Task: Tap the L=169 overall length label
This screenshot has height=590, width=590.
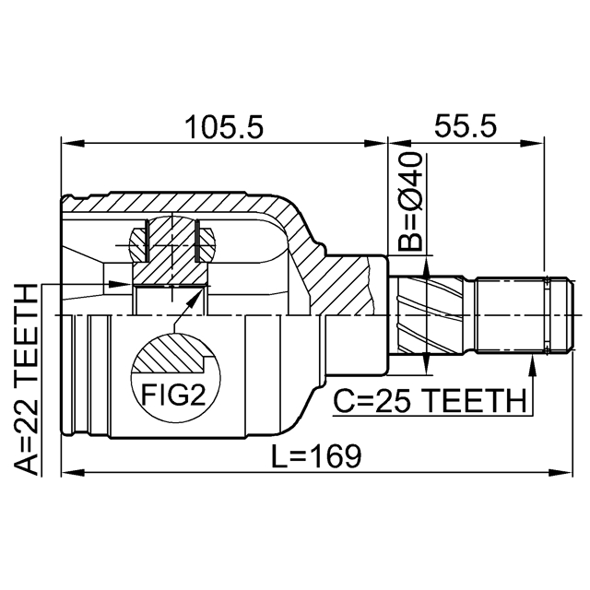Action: tap(316, 456)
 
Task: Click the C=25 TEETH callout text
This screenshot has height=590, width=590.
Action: tap(430, 401)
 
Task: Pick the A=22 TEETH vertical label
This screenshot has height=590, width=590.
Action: tap(27, 380)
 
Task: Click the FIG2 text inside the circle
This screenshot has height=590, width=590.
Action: tap(173, 395)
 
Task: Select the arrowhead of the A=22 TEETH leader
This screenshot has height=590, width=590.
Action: tap(120, 284)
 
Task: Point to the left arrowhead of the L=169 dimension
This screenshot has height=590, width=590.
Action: tap(73, 472)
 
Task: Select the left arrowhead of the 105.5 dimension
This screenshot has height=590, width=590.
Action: tap(73, 143)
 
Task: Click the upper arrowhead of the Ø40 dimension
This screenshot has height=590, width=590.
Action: tap(426, 267)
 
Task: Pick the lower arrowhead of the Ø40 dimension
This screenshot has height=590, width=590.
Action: tap(426, 363)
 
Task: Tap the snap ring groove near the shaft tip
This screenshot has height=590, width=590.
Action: tap(547, 315)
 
